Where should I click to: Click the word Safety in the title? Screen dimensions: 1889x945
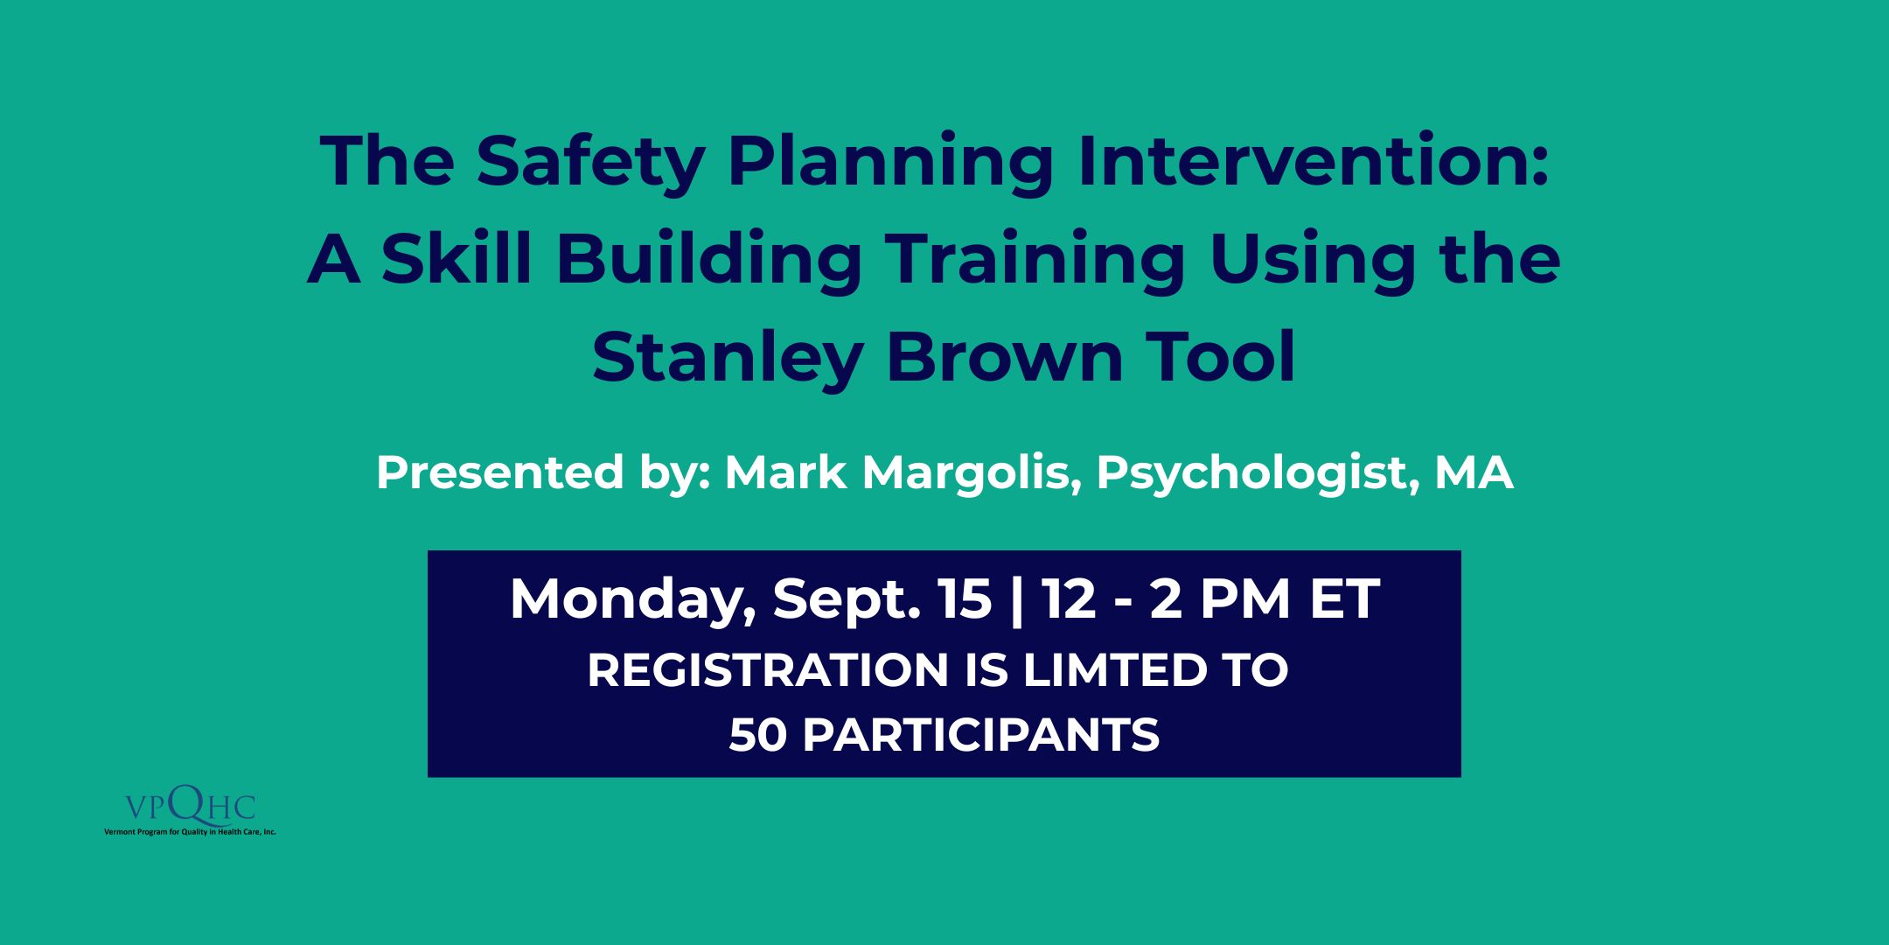[x=590, y=163]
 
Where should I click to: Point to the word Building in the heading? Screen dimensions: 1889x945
[x=709, y=261]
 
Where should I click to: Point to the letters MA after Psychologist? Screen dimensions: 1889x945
[x=1474, y=473]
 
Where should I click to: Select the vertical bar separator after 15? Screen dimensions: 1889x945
[x=1016, y=601]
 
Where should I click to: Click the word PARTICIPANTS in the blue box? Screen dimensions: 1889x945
[x=980, y=735]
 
